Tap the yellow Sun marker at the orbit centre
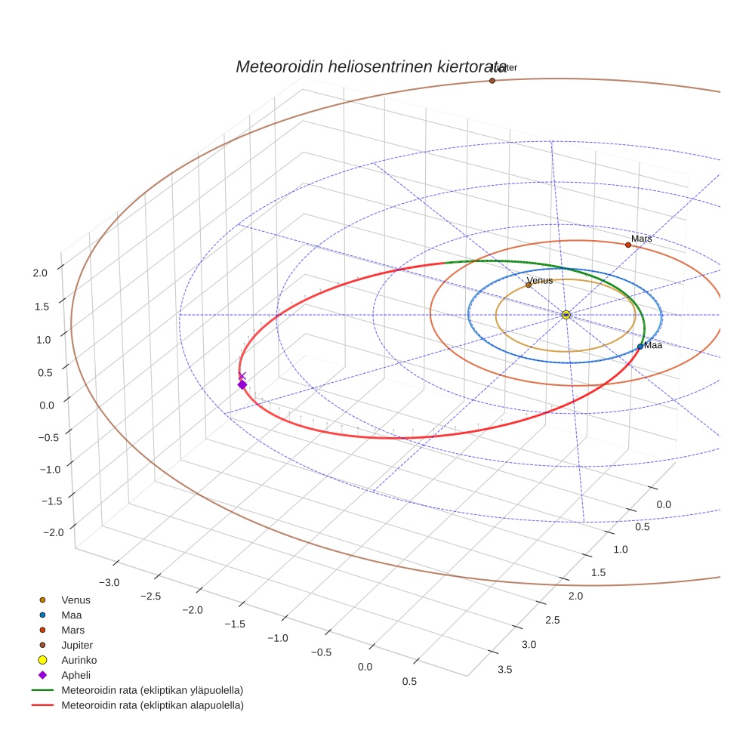click(x=566, y=314)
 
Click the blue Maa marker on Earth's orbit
click(x=640, y=346)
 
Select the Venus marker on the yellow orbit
click(x=529, y=285)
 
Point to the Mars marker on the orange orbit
click(x=627, y=245)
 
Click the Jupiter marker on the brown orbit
click(x=492, y=80)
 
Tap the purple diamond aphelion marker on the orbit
click(x=242, y=384)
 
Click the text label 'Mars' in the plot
click(x=641, y=239)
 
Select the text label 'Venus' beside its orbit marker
click(x=540, y=280)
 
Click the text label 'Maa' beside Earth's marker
click(x=653, y=345)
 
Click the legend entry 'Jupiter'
click(x=77, y=645)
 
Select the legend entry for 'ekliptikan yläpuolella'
click(x=152, y=690)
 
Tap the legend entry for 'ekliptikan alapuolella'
click(x=152, y=705)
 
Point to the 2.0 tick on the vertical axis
click(x=41, y=273)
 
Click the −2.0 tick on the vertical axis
click(x=53, y=532)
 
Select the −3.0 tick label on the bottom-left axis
click(x=109, y=582)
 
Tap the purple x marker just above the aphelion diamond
click(x=242, y=375)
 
